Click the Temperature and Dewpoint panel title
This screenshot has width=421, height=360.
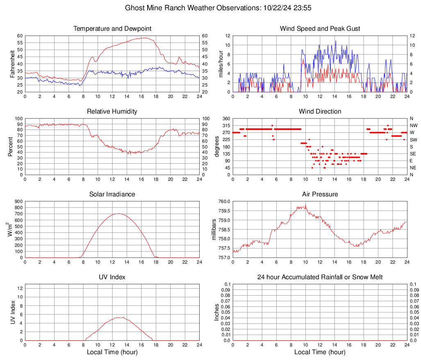click(x=112, y=29)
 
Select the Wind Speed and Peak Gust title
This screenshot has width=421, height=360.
click(x=320, y=29)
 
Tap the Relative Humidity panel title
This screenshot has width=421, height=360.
click(x=112, y=112)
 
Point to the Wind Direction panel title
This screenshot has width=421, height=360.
click(x=320, y=112)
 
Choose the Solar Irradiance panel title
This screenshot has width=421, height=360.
click(x=112, y=194)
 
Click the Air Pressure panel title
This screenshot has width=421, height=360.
click(x=320, y=194)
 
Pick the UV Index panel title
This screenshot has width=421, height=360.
click(x=112, y=277)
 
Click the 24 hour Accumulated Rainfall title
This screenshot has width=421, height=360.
click(x=320, y=277)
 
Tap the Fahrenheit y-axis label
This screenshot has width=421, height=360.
click(x=11, y=64)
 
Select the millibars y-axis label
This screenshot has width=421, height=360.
click(x=214, y=230)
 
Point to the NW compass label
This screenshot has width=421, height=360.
click(x=414, y=125)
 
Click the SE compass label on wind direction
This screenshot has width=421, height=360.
click(x=413, y=154)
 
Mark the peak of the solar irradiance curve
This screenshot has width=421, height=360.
click(x=118, y=214)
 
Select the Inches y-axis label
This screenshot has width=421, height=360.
click(x=217, y=312)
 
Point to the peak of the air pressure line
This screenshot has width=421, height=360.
click(x=305, y=206)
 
